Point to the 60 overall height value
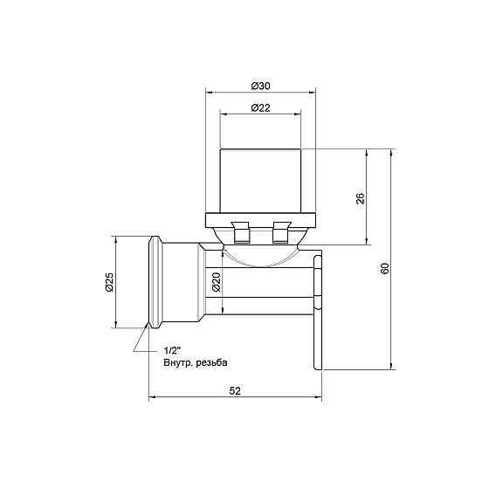pos(385,270)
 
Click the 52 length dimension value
pos(235,392)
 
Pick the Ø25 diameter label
pos(108,282)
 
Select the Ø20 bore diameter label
pos(216,282)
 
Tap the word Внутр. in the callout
pos(177,362)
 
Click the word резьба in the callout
pos(215,362)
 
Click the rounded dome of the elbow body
pos(259,255)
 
